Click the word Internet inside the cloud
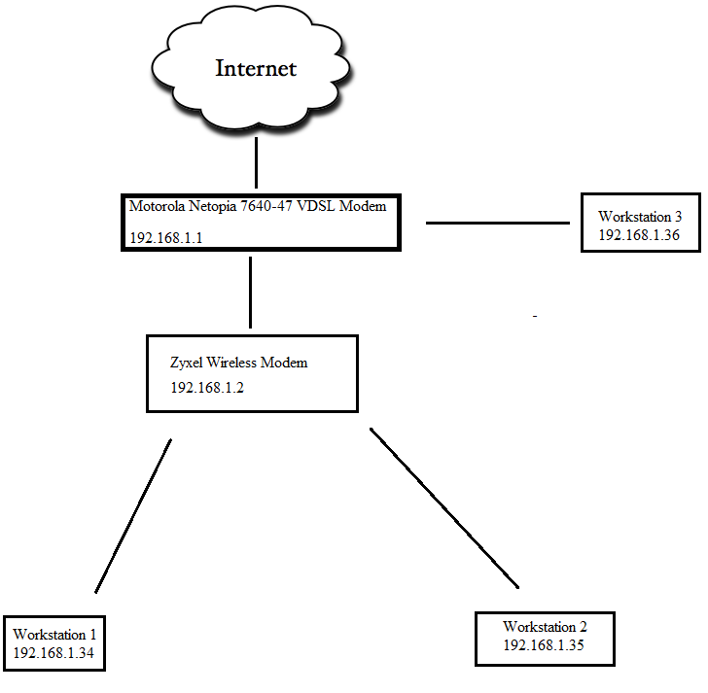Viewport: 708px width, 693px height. click(256, 68)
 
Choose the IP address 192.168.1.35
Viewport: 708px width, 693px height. click(545, 644)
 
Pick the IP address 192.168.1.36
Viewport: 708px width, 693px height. click(638, 234)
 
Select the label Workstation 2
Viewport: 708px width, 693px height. click(545, 627)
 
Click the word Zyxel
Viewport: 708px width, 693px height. click(189, 363)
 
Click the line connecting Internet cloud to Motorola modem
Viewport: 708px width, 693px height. click(256, 162)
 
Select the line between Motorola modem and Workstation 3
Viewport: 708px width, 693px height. click(498, 223)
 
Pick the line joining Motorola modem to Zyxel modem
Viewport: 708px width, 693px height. click(251, 292)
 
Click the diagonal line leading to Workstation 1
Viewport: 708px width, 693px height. click(133, 515)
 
